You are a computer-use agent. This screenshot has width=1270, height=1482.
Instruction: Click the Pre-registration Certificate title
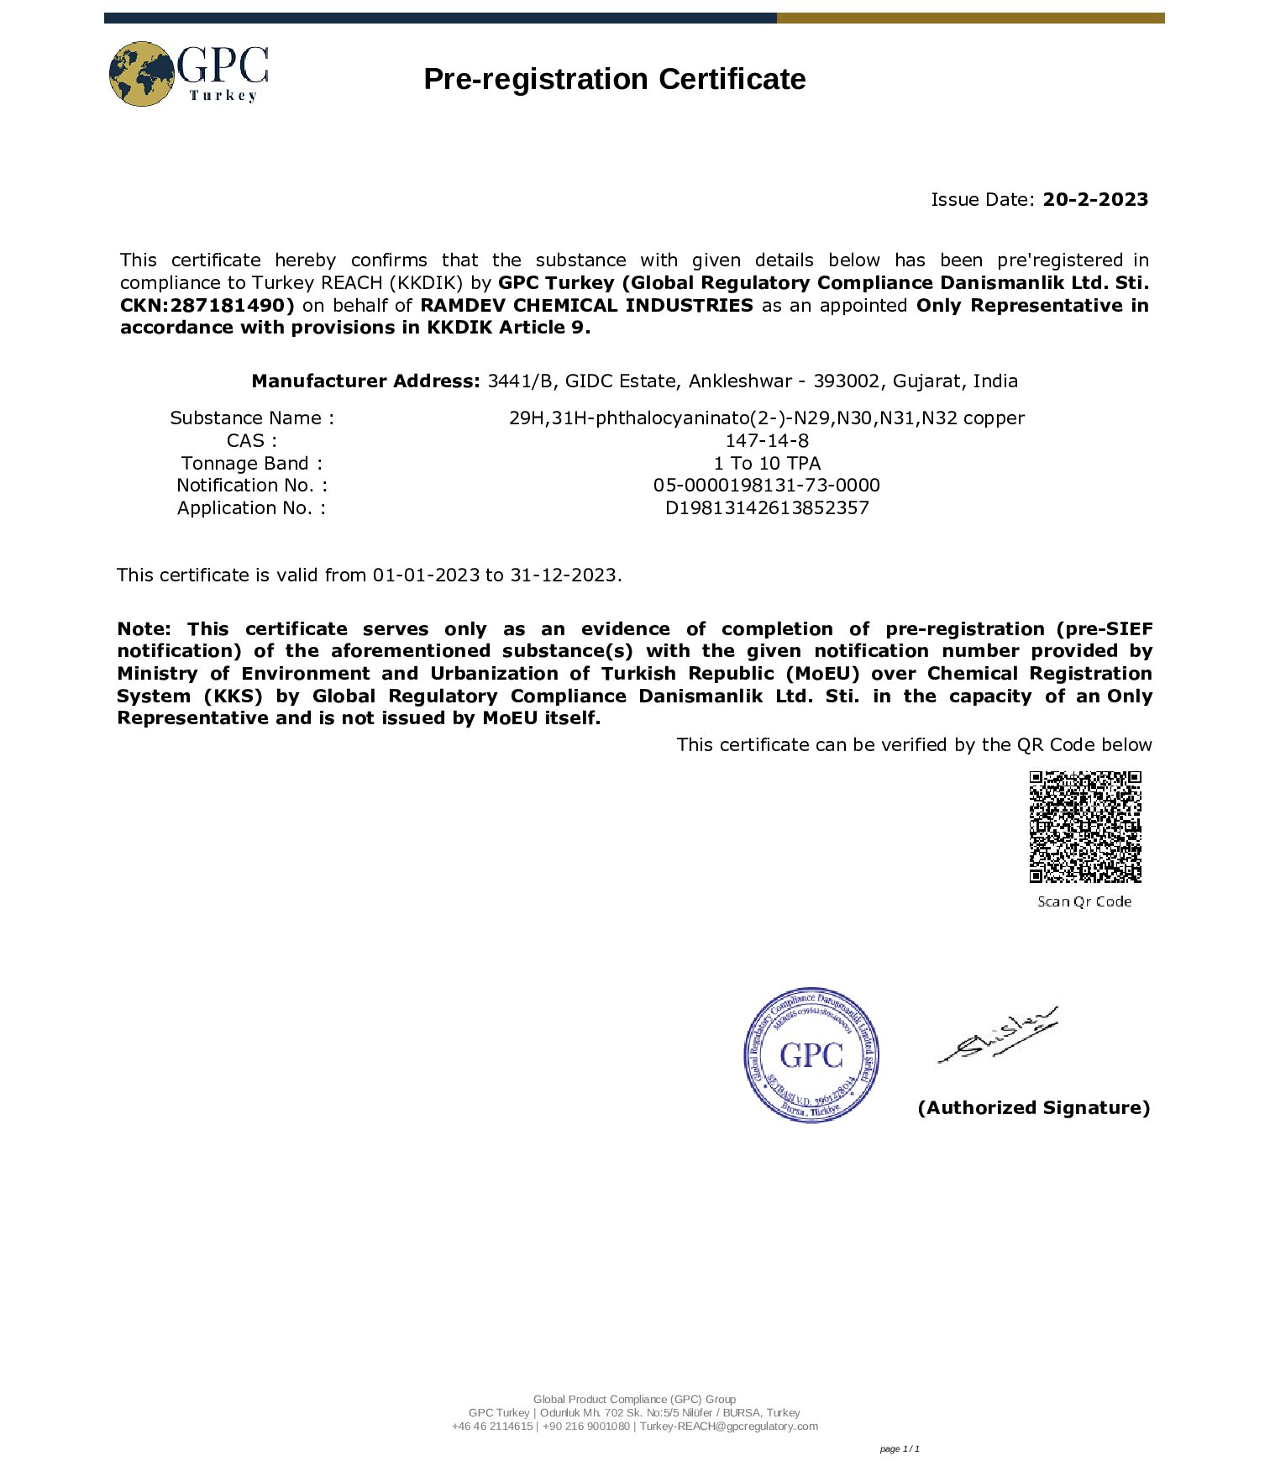coord(614,79)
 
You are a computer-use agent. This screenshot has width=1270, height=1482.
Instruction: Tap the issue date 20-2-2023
coord(1095,199)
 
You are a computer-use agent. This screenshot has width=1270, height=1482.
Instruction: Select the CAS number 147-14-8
coord(767,440)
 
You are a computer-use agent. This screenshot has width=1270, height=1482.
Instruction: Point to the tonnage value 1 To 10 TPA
coord(767,463)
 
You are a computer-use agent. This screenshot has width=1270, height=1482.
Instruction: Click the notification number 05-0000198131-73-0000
coord(767,485)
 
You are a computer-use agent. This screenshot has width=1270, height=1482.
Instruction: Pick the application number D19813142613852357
coord(767,507)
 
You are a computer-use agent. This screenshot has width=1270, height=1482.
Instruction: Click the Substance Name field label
coord(252,418)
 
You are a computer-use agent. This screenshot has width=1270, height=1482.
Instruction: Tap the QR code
coord(1085,827)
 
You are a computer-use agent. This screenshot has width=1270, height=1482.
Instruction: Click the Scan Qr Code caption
coord(1084,901)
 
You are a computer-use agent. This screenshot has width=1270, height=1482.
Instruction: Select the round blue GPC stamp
coord(811,1054)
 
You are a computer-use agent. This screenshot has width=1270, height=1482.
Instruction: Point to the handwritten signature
coord(999,1035)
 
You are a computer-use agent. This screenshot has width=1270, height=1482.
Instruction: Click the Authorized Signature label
coord(1033,1107)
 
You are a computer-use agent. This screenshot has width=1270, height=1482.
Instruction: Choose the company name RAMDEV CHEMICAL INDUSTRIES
coord(586,305)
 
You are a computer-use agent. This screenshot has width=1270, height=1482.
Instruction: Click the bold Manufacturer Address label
coord(365,381)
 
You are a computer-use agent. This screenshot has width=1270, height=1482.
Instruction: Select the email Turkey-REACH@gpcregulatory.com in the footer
coord(728,1426)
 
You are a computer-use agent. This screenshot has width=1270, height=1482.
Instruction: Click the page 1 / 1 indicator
coord(900,1448)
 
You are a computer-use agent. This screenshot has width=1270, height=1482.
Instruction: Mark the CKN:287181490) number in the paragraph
coord(207,305)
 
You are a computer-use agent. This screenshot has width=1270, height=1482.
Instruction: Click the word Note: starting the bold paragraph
coord(144,628)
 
